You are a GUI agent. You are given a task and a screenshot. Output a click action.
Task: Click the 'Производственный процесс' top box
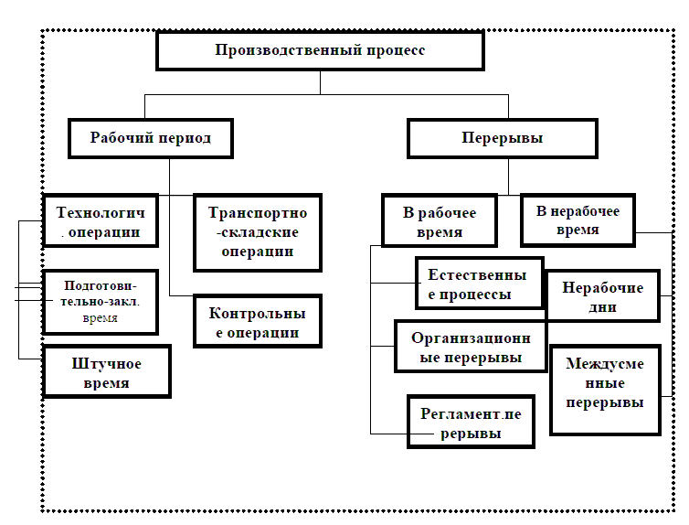coord(320,50)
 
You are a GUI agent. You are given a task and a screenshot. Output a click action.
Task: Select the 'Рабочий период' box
coord(151,139)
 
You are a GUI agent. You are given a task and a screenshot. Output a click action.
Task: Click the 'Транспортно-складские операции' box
coord(258,232)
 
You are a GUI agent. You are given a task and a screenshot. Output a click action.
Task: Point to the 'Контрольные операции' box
coord(258,323)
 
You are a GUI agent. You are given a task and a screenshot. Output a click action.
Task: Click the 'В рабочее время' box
coord(440,222)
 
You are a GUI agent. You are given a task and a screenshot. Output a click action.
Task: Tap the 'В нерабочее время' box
coord(578,220)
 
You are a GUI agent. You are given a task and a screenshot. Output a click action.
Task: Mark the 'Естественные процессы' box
coord(478,284)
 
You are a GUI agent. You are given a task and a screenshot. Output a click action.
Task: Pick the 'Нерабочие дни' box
coord(602,296)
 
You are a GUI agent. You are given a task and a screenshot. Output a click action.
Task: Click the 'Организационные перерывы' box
coord(471,346)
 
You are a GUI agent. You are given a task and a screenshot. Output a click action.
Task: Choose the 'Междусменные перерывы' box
coord(604,391)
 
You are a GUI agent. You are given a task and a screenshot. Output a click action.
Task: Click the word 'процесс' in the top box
coord(397,50)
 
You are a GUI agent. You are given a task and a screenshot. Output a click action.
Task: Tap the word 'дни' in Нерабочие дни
coord(602,307)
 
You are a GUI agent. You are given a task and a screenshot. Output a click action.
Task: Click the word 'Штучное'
coord(106,363)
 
